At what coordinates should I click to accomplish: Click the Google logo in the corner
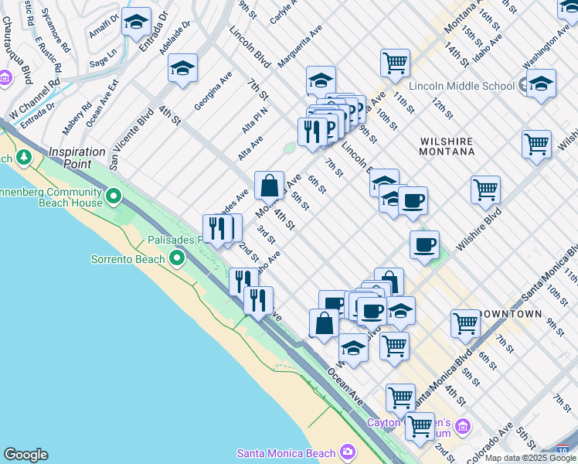pos(26,455)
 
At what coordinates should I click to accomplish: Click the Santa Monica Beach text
pos(287,453)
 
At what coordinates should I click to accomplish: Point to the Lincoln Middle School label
pos(464,85)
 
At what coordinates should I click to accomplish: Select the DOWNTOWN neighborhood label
pos(510,314)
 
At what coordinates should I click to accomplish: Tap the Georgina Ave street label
pos(213,90)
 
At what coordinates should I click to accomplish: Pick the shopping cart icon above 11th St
pos(395,61)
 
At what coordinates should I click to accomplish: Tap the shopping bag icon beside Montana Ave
pos(269,186)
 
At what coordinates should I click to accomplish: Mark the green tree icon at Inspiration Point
pos(24,159)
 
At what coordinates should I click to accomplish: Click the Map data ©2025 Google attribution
pos(529,458)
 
